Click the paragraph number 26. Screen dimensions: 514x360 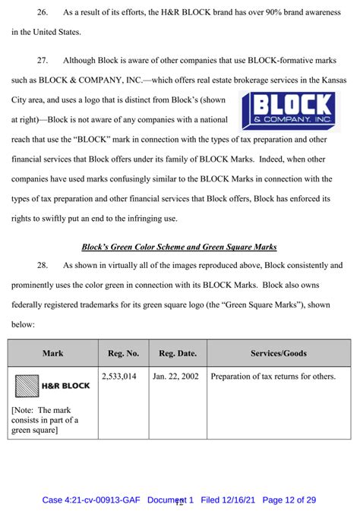[x=43, y=11]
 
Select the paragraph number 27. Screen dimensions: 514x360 [x=43, y=59]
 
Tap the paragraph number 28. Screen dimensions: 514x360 [x=43, y=266]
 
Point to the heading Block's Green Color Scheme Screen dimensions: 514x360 [x=179, y=246]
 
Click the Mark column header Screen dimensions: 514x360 [x=52, y=353]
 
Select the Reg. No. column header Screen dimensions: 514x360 [x=122, y=353]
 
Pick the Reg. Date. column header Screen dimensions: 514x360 [x=177, y=353]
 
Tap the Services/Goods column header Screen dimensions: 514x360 [x=278, y=353]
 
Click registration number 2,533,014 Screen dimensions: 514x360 [x=119, y=376]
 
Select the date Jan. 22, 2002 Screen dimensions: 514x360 [x=175, y=376]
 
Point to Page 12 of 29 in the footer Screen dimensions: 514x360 [x=290, y=500]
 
